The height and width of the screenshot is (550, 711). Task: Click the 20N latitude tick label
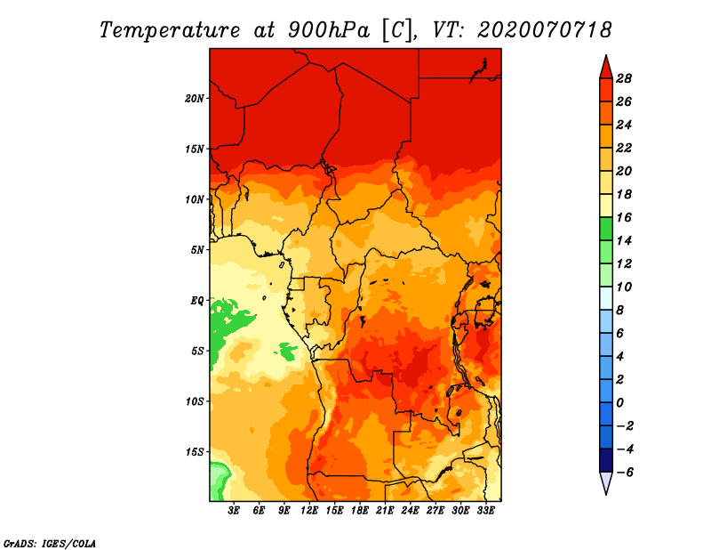tap(195, 98)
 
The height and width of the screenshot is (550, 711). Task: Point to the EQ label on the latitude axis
tap(197, 301)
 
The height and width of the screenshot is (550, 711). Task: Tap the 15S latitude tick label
tap(195, 452)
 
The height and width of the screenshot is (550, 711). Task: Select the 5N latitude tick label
tap(197, 250)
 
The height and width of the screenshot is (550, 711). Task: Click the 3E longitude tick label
tap(235, 511)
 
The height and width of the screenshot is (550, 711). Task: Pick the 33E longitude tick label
tap(485, 511)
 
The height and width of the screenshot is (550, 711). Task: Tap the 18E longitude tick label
tap(360, 511)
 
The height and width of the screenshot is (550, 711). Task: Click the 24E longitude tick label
tap(411, 511)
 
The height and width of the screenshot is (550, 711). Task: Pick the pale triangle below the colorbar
tap(605, 482)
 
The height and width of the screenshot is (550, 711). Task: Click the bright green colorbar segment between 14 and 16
tap(605, 229)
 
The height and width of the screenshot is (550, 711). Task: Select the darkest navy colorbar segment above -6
tap(605, 460)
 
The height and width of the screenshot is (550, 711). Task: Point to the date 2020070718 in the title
tap(545, 29)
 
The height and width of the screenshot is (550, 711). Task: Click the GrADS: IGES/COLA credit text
tap(49, 542)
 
